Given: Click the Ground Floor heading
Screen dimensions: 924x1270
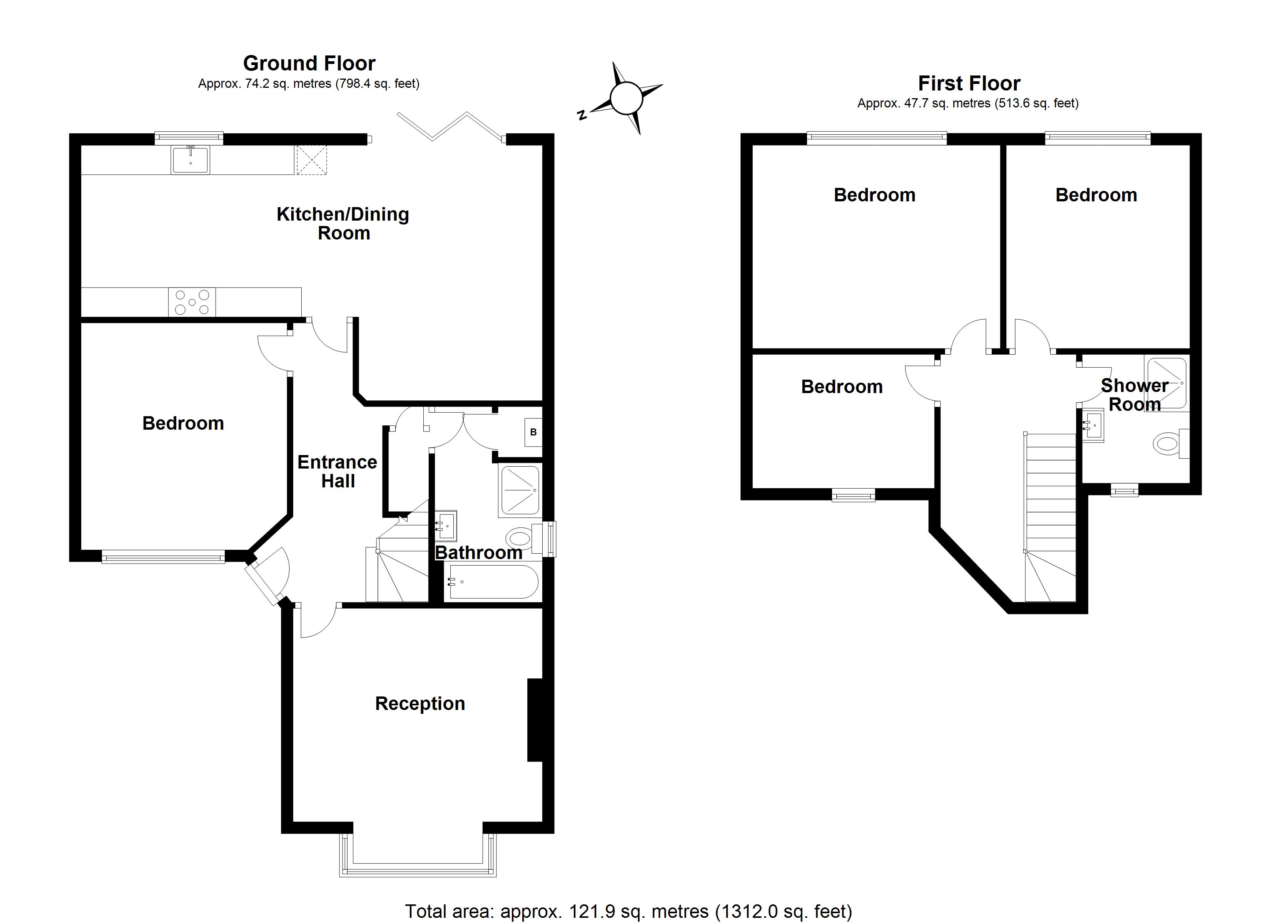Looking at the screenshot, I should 309,63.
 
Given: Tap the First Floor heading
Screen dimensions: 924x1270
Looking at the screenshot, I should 969,84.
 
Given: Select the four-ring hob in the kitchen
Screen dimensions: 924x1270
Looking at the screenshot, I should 192,302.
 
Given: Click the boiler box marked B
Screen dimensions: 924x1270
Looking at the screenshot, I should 533,432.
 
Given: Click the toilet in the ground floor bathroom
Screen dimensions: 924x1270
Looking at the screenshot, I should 520,539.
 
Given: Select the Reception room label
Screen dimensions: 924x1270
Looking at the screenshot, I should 420,703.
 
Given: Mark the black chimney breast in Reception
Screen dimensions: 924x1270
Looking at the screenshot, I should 535,720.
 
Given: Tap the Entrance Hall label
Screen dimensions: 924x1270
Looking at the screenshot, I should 337,471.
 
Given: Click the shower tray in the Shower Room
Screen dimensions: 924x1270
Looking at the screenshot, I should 1166,383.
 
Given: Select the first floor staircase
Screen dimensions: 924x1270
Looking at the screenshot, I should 1050,516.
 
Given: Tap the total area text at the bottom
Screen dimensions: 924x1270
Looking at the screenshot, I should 628,912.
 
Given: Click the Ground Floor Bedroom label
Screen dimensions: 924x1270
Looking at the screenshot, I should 183,423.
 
